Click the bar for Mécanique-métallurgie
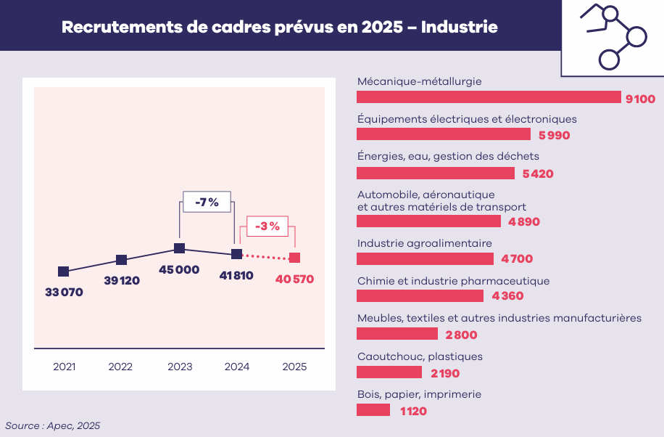click(x=489, y=97)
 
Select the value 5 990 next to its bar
click(x=555, y=135)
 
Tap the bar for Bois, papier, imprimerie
click(x=373, y=410)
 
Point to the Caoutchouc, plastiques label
click(x=420, y=356)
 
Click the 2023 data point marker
click(x=180, y=248)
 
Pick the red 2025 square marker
click(x=294, y=257)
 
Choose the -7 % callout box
click(x=207, y=202)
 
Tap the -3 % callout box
click(x=267, y=226)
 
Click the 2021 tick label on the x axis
click(x=65, y=367)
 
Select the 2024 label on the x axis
click(x=237, y=367)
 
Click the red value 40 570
click(x=294, y=279)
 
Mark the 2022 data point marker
click(x=122, y=260)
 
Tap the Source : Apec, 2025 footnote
click(x=53, y=425)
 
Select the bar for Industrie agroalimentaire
click(x=425, y=259)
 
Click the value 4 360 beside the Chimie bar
click(x=507, y=296)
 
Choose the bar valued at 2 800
click(x=397, y=334)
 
